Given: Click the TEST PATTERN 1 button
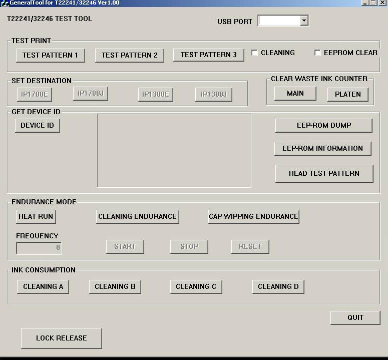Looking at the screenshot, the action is (50, 55).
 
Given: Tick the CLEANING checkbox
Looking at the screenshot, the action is (254, 53).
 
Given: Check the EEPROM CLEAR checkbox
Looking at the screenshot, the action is (317, 53).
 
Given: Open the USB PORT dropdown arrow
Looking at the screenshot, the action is (303, 21).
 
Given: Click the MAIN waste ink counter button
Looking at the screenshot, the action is (295, 94).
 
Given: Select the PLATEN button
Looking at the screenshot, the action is (347, 94).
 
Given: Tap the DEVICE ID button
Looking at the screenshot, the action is (37, 125).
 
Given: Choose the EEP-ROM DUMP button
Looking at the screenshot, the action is (323, 125).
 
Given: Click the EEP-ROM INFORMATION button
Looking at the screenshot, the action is (322, 148).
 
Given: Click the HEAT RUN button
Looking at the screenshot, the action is (36, 216).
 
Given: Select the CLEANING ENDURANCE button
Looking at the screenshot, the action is (137, 216).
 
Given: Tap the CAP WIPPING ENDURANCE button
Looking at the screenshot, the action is (253, 216).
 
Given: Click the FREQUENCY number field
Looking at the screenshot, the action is (39, 247).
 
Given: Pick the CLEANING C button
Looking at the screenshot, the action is (196, 286).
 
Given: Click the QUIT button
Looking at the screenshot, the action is (355, 317).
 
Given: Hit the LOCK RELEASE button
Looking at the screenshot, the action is (61, 338).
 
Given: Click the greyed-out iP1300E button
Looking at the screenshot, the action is (156, 94).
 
